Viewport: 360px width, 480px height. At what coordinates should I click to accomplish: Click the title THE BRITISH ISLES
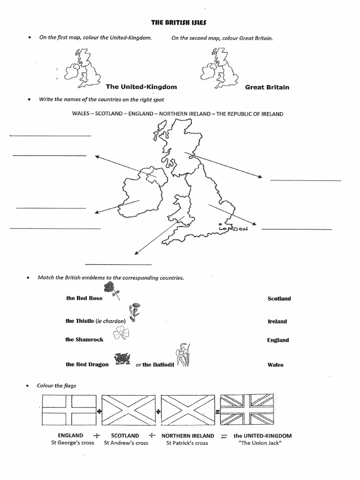pyautogui.click(x=180, y=22)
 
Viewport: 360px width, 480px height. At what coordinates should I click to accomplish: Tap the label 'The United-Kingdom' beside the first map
pyautogui.click(x=141, y=87)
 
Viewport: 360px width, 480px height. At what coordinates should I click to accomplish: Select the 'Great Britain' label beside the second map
pyautogui.click(x=267, y=87)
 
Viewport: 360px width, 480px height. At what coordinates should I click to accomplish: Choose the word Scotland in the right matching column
pyautogui.click(x=279, y=299)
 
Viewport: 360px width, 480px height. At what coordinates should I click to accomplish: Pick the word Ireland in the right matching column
pyautogui.click(x=277, y=322)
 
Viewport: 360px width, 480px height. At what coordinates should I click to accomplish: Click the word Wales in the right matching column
pyautogui.click(x=275, y=365)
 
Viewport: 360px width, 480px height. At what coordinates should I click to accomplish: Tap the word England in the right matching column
pyautogui.click(x=278, y=340)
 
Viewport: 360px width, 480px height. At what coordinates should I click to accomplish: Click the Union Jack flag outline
pyautogui.click(x=247, y=409)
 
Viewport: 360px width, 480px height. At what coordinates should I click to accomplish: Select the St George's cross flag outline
pyautogui.click(x=69, y=409)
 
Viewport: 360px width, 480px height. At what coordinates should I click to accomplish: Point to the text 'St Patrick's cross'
pyautogui.click(x=187, y=443)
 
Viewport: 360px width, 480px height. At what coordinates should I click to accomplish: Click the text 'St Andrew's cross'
pyautogui.click(x=126, y=443)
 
